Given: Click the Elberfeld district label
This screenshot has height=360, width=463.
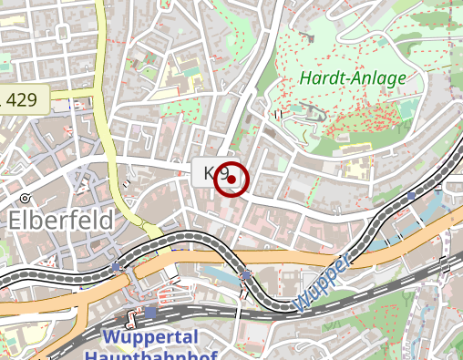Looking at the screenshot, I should tap(61, 221).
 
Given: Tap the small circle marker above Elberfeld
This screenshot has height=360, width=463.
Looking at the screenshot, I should tap(26, 198).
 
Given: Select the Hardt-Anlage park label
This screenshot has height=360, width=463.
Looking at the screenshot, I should tap(352, 78).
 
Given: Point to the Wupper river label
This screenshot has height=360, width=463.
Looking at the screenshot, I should tap(324, 284).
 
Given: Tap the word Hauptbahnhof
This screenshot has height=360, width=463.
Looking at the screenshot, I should tap(155, 354).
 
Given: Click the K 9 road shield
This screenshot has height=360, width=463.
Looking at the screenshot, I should tap(215, 172).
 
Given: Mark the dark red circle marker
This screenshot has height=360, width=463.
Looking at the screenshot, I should tap(231, 180).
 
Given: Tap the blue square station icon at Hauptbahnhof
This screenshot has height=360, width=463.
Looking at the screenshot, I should tap(150, 313).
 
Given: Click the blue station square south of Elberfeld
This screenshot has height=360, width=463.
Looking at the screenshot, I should tap(116, 266).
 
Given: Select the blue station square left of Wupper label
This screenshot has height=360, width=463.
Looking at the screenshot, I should tap(246, 273).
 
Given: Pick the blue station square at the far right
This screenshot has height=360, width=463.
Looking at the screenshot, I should tap(412, 195).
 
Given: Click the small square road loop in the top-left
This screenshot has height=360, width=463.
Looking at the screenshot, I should tap(63, 33).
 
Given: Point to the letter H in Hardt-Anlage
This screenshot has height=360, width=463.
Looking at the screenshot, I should tap(304, 78).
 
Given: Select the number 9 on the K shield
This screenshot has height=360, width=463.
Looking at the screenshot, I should tap(223, 172).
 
